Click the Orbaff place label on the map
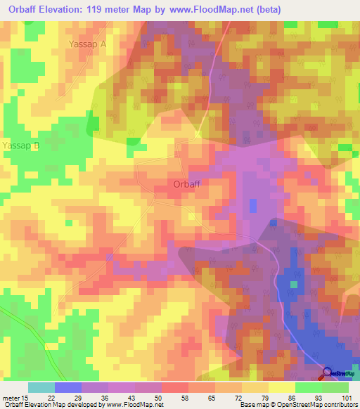[x=188, y=185]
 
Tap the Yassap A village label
[x=87, y=44]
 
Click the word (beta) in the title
[x=300, y=10]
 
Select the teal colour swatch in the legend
[x=41, y=387]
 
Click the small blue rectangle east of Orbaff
[x=253, y=205]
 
